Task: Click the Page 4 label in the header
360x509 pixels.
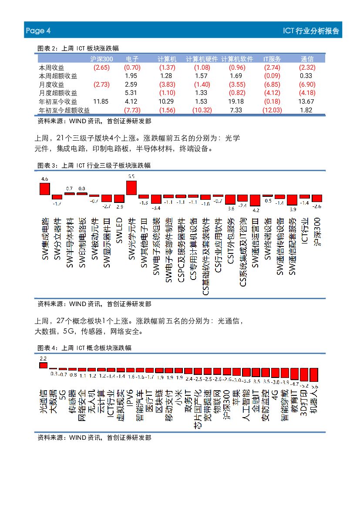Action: point(38,30)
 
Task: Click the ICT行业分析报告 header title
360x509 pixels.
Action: point(310,31)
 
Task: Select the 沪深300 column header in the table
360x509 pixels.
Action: point(101,59)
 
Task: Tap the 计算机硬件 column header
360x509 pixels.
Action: point(202,59)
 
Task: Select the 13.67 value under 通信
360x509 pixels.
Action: point(306,101)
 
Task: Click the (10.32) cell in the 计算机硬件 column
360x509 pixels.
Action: point(202,110)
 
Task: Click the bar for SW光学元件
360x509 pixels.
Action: point(131,188)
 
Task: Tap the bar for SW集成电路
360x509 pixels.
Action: point(44,189)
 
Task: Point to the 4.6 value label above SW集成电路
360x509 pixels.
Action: point(44,179)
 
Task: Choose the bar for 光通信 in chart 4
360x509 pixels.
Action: point(43,365)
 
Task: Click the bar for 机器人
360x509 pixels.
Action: point(314,375)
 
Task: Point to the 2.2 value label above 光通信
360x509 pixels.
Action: point(43,358)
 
